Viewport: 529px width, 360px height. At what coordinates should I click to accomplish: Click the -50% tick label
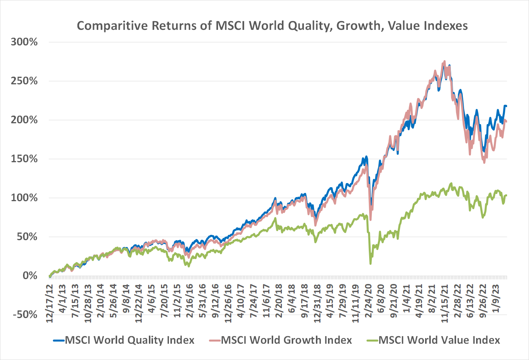(25, 315)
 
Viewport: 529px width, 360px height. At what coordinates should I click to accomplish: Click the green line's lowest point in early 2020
(370, 263)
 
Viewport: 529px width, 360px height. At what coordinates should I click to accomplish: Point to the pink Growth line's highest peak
(444, 62)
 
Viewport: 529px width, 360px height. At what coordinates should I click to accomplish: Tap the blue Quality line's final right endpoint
(506, 106)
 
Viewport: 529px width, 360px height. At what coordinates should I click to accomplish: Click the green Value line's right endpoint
(506, 195)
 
